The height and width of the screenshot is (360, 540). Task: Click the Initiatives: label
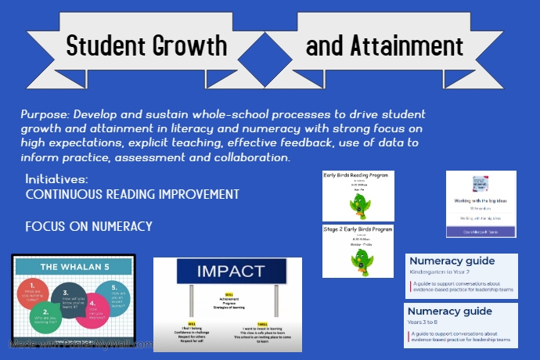click(57, 179)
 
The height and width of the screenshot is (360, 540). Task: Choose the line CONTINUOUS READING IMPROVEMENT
click(132, 194)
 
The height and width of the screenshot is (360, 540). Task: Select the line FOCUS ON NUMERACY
click(88, 227)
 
